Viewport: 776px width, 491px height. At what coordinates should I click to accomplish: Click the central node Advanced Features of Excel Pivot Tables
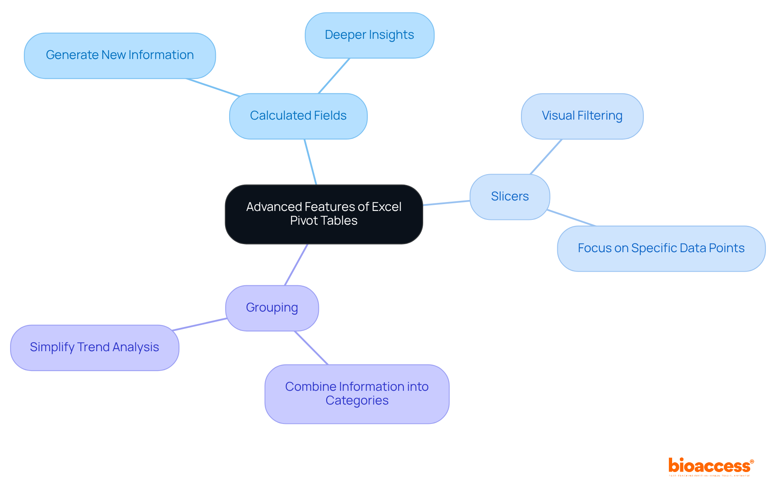tap(324, 214)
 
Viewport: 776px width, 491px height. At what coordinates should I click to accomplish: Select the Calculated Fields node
tap(298, 116)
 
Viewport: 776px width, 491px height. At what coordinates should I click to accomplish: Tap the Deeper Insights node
tap(369, 35)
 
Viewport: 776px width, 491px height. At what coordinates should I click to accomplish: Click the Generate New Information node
tap(120, 55)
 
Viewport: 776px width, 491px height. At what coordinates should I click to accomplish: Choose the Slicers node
tap(510, 197)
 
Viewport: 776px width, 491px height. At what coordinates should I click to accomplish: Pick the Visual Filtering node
tap(582, 116)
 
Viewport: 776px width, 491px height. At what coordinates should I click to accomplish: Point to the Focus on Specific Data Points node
tap(661, 248)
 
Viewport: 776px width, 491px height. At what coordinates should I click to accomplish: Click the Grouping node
tap(272, 308)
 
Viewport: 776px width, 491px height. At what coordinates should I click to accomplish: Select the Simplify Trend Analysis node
tap(95, 348)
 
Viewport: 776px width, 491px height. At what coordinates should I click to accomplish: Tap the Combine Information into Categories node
tap(357, 394)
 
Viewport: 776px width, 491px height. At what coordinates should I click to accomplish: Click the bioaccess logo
tap(710, 466)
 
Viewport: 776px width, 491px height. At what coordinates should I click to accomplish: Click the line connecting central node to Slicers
tap(446, 203)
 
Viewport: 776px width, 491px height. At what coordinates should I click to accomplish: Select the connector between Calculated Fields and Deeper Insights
tap(334, 76)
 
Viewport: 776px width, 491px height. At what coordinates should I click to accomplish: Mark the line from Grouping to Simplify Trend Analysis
tap(200, 325)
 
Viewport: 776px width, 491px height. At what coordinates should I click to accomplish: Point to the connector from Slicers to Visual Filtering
tap(546, 157)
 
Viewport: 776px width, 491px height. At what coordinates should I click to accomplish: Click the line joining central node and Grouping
tap(296, 265)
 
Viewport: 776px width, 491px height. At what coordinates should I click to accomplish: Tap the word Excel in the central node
tap(386, 207)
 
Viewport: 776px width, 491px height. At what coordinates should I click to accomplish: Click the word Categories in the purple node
tap(357, 400)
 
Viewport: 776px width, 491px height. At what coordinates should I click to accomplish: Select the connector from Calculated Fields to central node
tap(310, 162)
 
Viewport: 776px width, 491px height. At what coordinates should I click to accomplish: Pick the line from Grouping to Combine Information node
tap(311, 348)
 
